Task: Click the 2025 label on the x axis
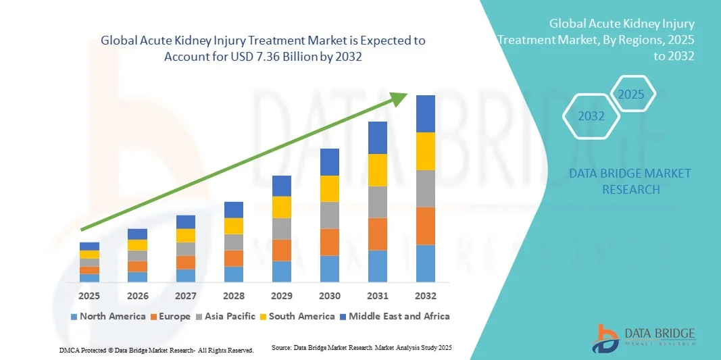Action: [x=89, y=296]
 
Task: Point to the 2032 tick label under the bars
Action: [x=425, y=296]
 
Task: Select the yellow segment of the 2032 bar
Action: [x=425, y=151]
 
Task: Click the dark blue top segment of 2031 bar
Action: [x=377, y=138]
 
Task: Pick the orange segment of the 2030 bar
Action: [x=329, y=242]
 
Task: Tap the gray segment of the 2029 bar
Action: [x=281, y=228]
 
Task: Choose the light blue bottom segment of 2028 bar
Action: [x=233, y=274]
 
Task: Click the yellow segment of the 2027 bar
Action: [x=185, y=235]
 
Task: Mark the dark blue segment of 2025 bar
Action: [x=89, y=246]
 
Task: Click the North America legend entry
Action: [x=107, y=316]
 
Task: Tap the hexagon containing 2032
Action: [x=591, y=116]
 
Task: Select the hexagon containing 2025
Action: [x=631, y=94]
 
